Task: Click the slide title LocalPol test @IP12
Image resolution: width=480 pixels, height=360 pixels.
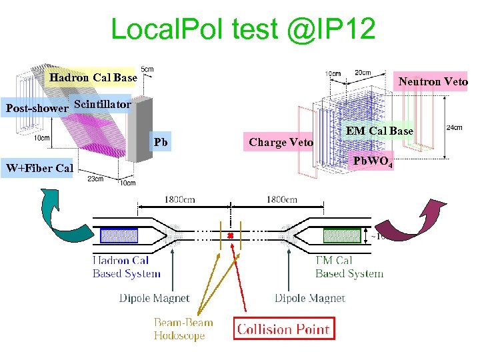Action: (x=243, y=29)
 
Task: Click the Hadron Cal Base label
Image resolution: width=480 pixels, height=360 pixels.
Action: (x=93, y=78)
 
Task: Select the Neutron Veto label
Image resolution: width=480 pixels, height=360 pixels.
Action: (x=433, y=81)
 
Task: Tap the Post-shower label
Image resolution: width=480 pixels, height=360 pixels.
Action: (x=37, y=108)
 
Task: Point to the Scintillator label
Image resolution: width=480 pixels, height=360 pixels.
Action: (x=103, y=105)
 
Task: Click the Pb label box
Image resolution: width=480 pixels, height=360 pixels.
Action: (x=161, y=142)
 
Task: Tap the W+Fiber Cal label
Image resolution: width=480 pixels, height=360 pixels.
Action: (x=39, y=168)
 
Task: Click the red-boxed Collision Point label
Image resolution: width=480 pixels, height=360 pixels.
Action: (x=283, y=329)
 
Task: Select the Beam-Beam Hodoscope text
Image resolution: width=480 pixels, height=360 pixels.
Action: (x=183, y=329)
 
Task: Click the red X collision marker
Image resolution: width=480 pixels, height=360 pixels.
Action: (x=230, y=236)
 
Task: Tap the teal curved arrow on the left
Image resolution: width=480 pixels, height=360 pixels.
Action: (x=57, y=214)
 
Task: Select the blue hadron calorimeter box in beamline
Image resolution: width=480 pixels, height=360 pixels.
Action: (x=119, y=235)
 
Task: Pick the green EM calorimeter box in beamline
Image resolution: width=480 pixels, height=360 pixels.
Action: (x=341, y=235)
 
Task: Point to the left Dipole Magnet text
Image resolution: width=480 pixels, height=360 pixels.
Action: (x=154, y=298)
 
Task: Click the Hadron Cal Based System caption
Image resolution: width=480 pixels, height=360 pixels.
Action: (x=126, y=267)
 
